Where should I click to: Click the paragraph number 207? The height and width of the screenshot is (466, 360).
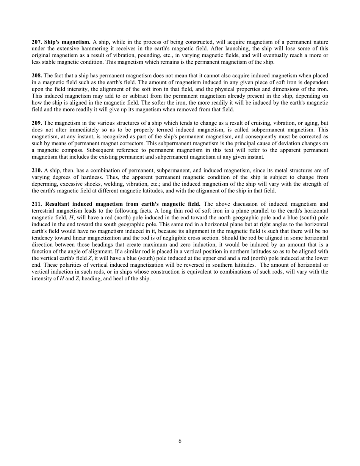pos(37,42)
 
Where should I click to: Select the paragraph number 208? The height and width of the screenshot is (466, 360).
pos(37,76)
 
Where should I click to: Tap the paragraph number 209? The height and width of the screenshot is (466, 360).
pos(37,123)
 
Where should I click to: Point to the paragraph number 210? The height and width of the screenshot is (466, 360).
pos(37,170)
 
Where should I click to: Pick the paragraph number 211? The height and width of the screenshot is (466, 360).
pos(37,204)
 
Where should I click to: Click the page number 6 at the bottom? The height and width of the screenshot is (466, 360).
pos(180,441)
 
